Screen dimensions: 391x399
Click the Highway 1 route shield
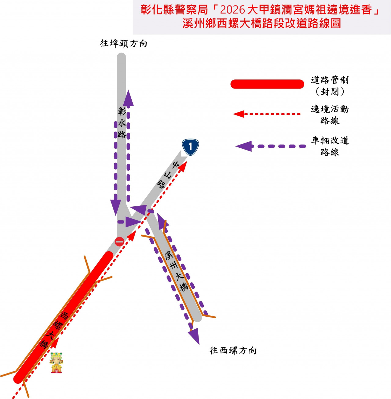click(x=190, y=147)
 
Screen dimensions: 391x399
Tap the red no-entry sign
click(x=119, y=241)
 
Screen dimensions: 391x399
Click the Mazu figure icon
click(x=57, y=363)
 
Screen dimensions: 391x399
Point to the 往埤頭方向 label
click(x=123, y=43)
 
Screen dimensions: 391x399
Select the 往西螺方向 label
click(x=233, y=350)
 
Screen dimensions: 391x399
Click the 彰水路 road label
click(x=122, y=123)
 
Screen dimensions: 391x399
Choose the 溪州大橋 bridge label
click(x=176, y=271)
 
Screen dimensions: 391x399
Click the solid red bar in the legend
click(x=267, y=84)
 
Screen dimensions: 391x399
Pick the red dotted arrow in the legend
click(x=267, y=114)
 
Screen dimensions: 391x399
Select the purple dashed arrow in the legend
click(x=271, y=146)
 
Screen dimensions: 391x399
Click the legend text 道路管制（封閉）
click(x=330, y=86)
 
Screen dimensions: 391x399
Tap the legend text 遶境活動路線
click(x=330, y=115)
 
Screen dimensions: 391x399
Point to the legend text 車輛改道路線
click(x=330, y=146)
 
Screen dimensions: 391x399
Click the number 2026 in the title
click(x=233, y=10)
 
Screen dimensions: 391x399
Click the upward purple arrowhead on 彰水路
click(x=129, y=98)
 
